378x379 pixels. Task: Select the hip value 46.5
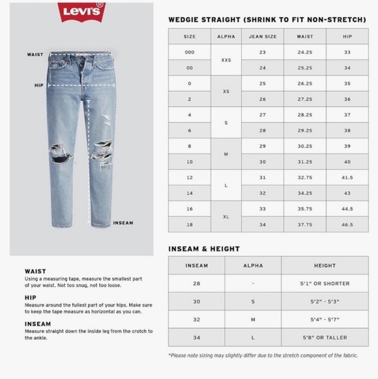tap(347, 224)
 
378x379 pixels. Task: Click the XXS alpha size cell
tap(226, 59)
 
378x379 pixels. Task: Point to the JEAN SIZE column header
tap(262, 37)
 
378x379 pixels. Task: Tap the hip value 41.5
tap(347, 177)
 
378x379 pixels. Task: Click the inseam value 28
tap(196, 284)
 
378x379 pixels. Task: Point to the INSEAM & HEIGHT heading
tap(204, 249)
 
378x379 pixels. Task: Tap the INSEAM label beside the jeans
tap(123, 223)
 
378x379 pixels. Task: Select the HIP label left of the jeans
tap(39, 85)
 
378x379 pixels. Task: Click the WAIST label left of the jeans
tap(36, 55)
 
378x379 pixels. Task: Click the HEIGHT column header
tap(325, 265)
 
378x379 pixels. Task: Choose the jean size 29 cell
tap(262, 145)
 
